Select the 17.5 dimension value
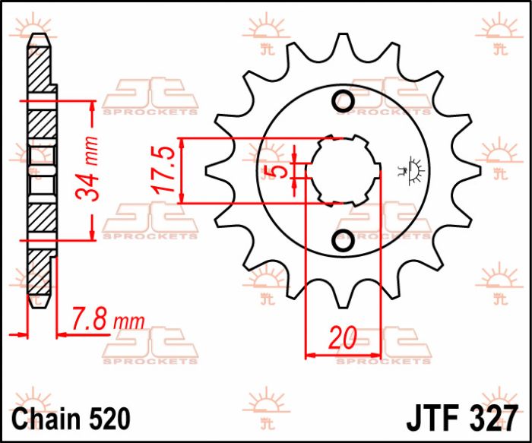click(166, 170)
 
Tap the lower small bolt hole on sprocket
click(344, 241)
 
